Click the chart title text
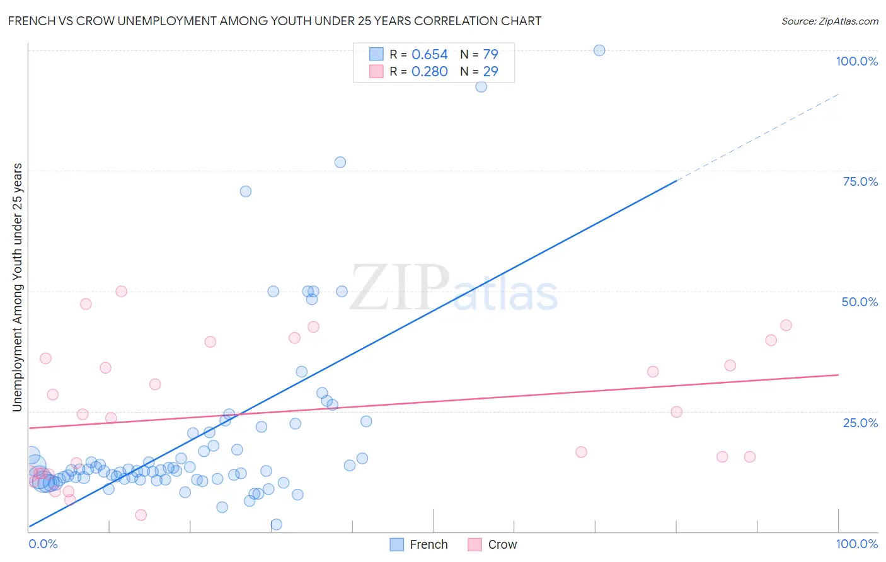274,21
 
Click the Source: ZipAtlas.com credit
829,21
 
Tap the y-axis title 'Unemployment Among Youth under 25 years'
17,287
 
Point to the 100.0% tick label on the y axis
856,61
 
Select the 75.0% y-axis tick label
860,181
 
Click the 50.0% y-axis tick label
860,302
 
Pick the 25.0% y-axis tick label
860,422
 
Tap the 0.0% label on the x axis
43,544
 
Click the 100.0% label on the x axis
856,544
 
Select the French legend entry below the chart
420,544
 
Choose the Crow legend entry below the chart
493,544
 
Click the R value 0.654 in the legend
429,55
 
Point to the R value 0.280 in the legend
429,72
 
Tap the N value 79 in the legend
490,55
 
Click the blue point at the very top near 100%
599,50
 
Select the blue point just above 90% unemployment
481,87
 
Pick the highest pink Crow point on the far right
786,325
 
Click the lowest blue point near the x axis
276,524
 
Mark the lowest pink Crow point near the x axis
141,515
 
